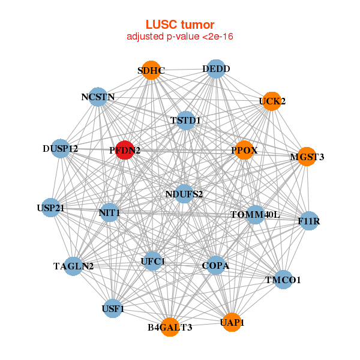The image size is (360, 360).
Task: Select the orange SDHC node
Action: tap(151, 71)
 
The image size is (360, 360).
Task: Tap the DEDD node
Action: tap(215, 69)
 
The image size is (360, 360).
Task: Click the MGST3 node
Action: tap(307, 157)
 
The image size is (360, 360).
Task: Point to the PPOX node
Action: tap(244, 150)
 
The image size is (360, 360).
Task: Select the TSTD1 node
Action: tap(186, 121)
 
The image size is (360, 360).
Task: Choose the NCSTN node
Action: tap(98, 97)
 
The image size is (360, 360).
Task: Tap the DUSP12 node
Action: tap(61, 148)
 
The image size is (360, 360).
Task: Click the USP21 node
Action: tap(51, 208)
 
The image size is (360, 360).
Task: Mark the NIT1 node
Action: tap(109, 212)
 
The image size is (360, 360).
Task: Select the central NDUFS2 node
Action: tap(184, 194)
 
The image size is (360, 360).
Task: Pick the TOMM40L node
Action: tap(256, 214)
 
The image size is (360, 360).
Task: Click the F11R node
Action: tap(308, 221)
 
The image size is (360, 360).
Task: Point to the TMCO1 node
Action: tap(283, 280)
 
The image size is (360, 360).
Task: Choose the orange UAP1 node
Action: tap(232, 322)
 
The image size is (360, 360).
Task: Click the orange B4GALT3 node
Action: tap(170, 327)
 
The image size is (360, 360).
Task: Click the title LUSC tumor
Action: tap(180, 25)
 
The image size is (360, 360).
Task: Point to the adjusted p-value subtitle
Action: tap(180, 37)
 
